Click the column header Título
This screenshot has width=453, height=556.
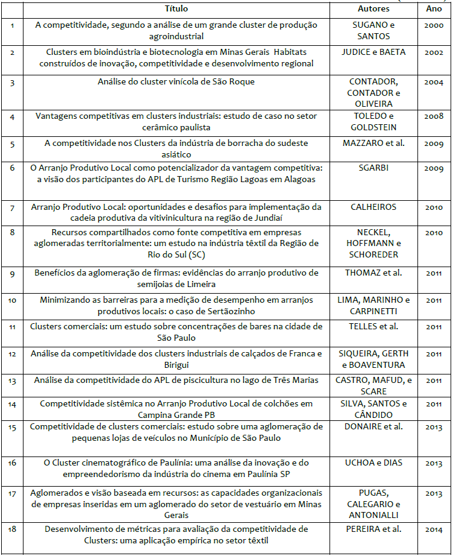point(177,9)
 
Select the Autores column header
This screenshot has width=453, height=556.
point(373,9)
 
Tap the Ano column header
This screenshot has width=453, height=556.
point(434,9)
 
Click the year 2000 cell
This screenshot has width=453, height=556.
point(434,25)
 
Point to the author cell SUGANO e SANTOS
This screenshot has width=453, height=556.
point(373,30)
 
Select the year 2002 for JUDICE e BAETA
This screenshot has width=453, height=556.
point(434,52)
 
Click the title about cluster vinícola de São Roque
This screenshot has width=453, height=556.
point(177,81)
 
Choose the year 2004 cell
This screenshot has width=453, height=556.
point(434,82)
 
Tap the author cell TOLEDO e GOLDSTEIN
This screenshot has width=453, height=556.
point(373,121)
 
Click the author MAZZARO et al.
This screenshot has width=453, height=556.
point(373,144)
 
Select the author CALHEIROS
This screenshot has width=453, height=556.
point(373,207)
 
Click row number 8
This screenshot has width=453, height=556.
point(13,232)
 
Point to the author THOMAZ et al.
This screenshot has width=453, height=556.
point(373,273)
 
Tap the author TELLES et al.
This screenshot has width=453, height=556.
point(373,326)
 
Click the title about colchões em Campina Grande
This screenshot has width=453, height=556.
point(177,408)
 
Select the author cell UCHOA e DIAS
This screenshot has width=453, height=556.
point(373,463)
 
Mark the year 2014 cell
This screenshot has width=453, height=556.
point(434,529)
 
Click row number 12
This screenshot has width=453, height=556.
point(13,353)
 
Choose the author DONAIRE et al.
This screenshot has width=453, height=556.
point(373,427)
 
